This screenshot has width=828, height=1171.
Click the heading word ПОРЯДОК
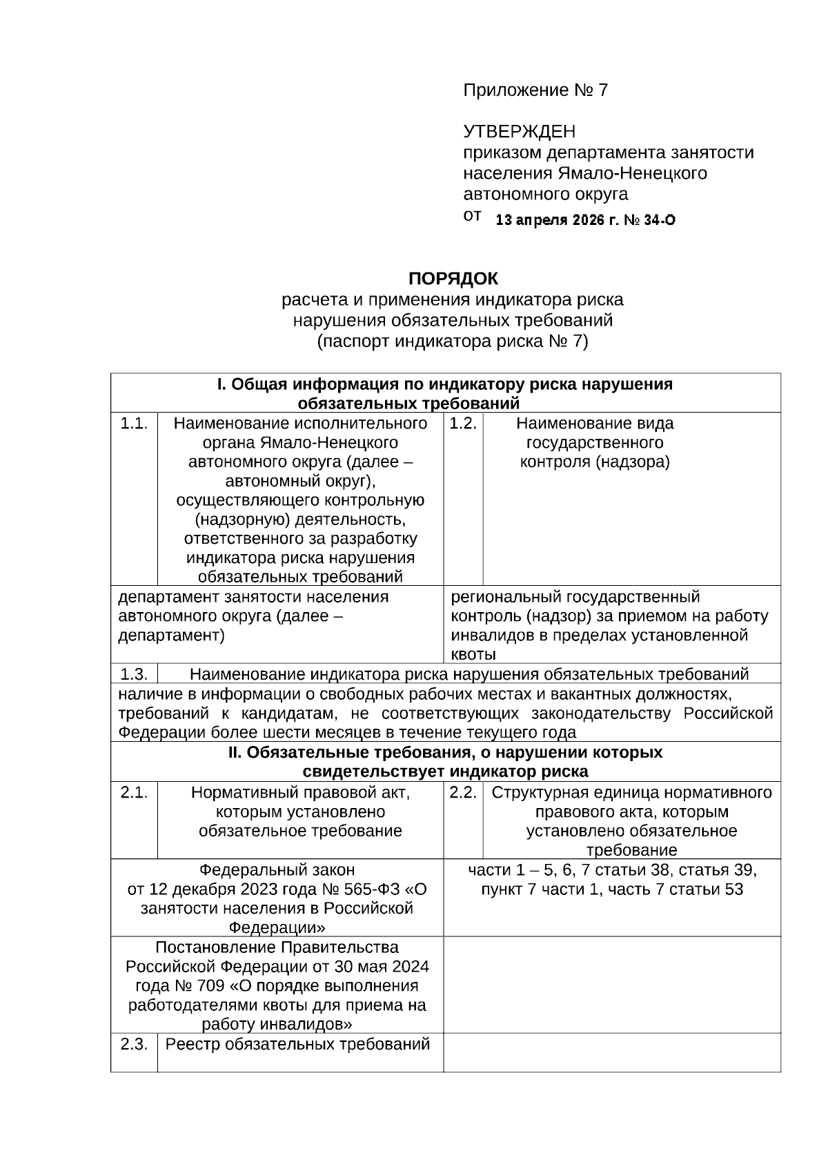pos(453,279)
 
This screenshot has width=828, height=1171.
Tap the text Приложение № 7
pos(535,90)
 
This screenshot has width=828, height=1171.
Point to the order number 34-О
pos(660,220)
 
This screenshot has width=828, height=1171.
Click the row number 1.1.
pos(134,423)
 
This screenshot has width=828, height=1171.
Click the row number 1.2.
pos(463,423)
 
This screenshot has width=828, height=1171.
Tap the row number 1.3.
pos(134,673)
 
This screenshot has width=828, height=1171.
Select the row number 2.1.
pos(134,792)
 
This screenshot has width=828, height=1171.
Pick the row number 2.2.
pos(463,792)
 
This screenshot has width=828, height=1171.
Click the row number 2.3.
pos(134,1043)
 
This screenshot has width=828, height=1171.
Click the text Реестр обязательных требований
pos(297,1043)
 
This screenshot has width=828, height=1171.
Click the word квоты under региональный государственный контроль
pos(473,654)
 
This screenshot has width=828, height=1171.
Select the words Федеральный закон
pos(277,869)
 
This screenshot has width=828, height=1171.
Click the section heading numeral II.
pos(234,752)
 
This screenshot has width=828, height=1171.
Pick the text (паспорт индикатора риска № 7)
pos(453,341)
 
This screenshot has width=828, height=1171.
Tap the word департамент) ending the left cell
pos(171,635)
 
